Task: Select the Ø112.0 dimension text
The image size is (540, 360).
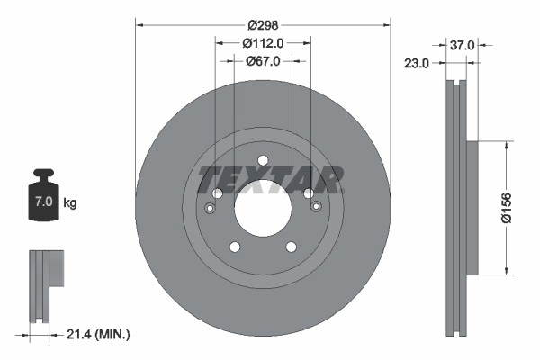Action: (263, 43)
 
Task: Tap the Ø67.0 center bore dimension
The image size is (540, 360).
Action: (263, 61)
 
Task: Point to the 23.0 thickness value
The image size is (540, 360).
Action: (417, 63)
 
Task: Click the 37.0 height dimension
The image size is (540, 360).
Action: (463, 43)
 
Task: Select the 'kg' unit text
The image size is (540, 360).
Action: (70, 203)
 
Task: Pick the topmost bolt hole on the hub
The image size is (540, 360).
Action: (263, 162)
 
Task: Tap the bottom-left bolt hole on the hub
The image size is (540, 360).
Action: (234, 247)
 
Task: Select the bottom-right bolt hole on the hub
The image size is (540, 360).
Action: (291, 247)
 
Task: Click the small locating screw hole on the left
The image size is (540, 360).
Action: (210, 209)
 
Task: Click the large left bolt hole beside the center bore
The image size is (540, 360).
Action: (217, 193)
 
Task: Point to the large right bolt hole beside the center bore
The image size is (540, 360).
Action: (308, 193)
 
